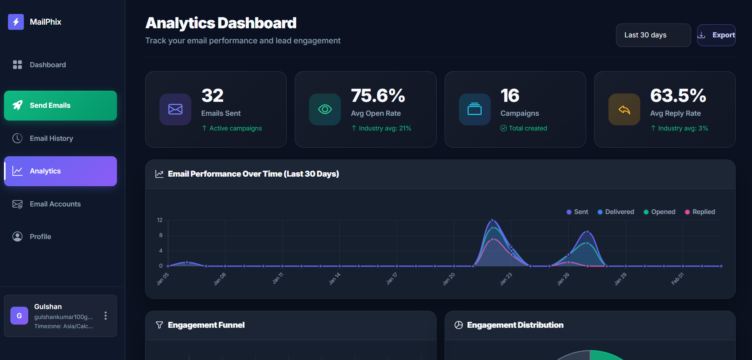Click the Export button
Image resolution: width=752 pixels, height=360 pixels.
click(x=716, y=35)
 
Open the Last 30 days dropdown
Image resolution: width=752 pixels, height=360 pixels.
click(x=653, y=35)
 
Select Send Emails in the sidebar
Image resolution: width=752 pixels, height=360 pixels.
click(x=60, y=105)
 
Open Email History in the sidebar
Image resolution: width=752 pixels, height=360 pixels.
click(x=51, y=138)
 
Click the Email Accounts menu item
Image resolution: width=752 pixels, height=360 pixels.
click(x=55, y=204)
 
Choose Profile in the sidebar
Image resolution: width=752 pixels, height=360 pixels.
click(x=40, y=237)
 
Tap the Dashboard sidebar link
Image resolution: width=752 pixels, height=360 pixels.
click(x=48, y=65)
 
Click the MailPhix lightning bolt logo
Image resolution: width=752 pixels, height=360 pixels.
click(x=16, y=22)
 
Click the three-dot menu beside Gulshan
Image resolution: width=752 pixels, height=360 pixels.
click(x=105, y=316)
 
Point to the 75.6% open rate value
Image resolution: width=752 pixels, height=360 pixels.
click(x=378, y=95)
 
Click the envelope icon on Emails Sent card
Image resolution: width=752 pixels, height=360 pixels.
click(x=175, y=109)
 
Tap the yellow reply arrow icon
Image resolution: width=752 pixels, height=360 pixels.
click(x=624, y=109)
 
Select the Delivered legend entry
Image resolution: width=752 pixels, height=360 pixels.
click(x=616, y=212)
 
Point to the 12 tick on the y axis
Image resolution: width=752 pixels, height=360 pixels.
click(x=160, y=220)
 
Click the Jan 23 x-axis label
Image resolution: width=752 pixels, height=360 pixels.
click(x=506, y=279)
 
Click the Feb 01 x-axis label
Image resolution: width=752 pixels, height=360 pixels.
click(x=678, y=279)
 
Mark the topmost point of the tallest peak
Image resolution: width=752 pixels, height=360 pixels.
click(x=492, y=220)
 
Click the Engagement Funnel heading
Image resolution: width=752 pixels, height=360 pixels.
click(x=206, y=325)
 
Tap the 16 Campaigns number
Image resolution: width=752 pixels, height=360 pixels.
click(x=510, y=95)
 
